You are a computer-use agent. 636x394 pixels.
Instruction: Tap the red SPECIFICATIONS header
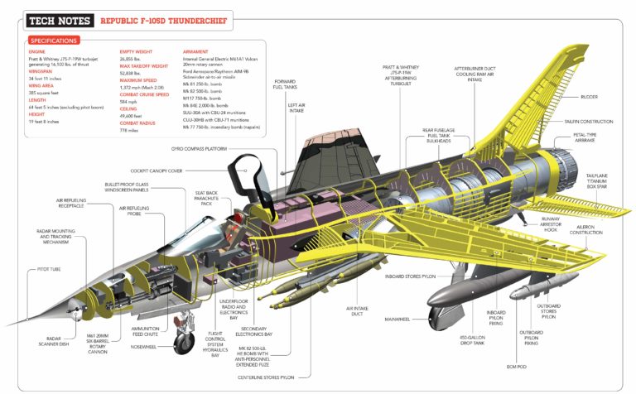click(54, 40)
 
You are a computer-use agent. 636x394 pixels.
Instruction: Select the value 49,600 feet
click(133, 116)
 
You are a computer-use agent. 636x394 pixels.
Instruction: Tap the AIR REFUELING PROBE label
click(133, 211)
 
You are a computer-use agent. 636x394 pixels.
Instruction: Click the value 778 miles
click(128, 130)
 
